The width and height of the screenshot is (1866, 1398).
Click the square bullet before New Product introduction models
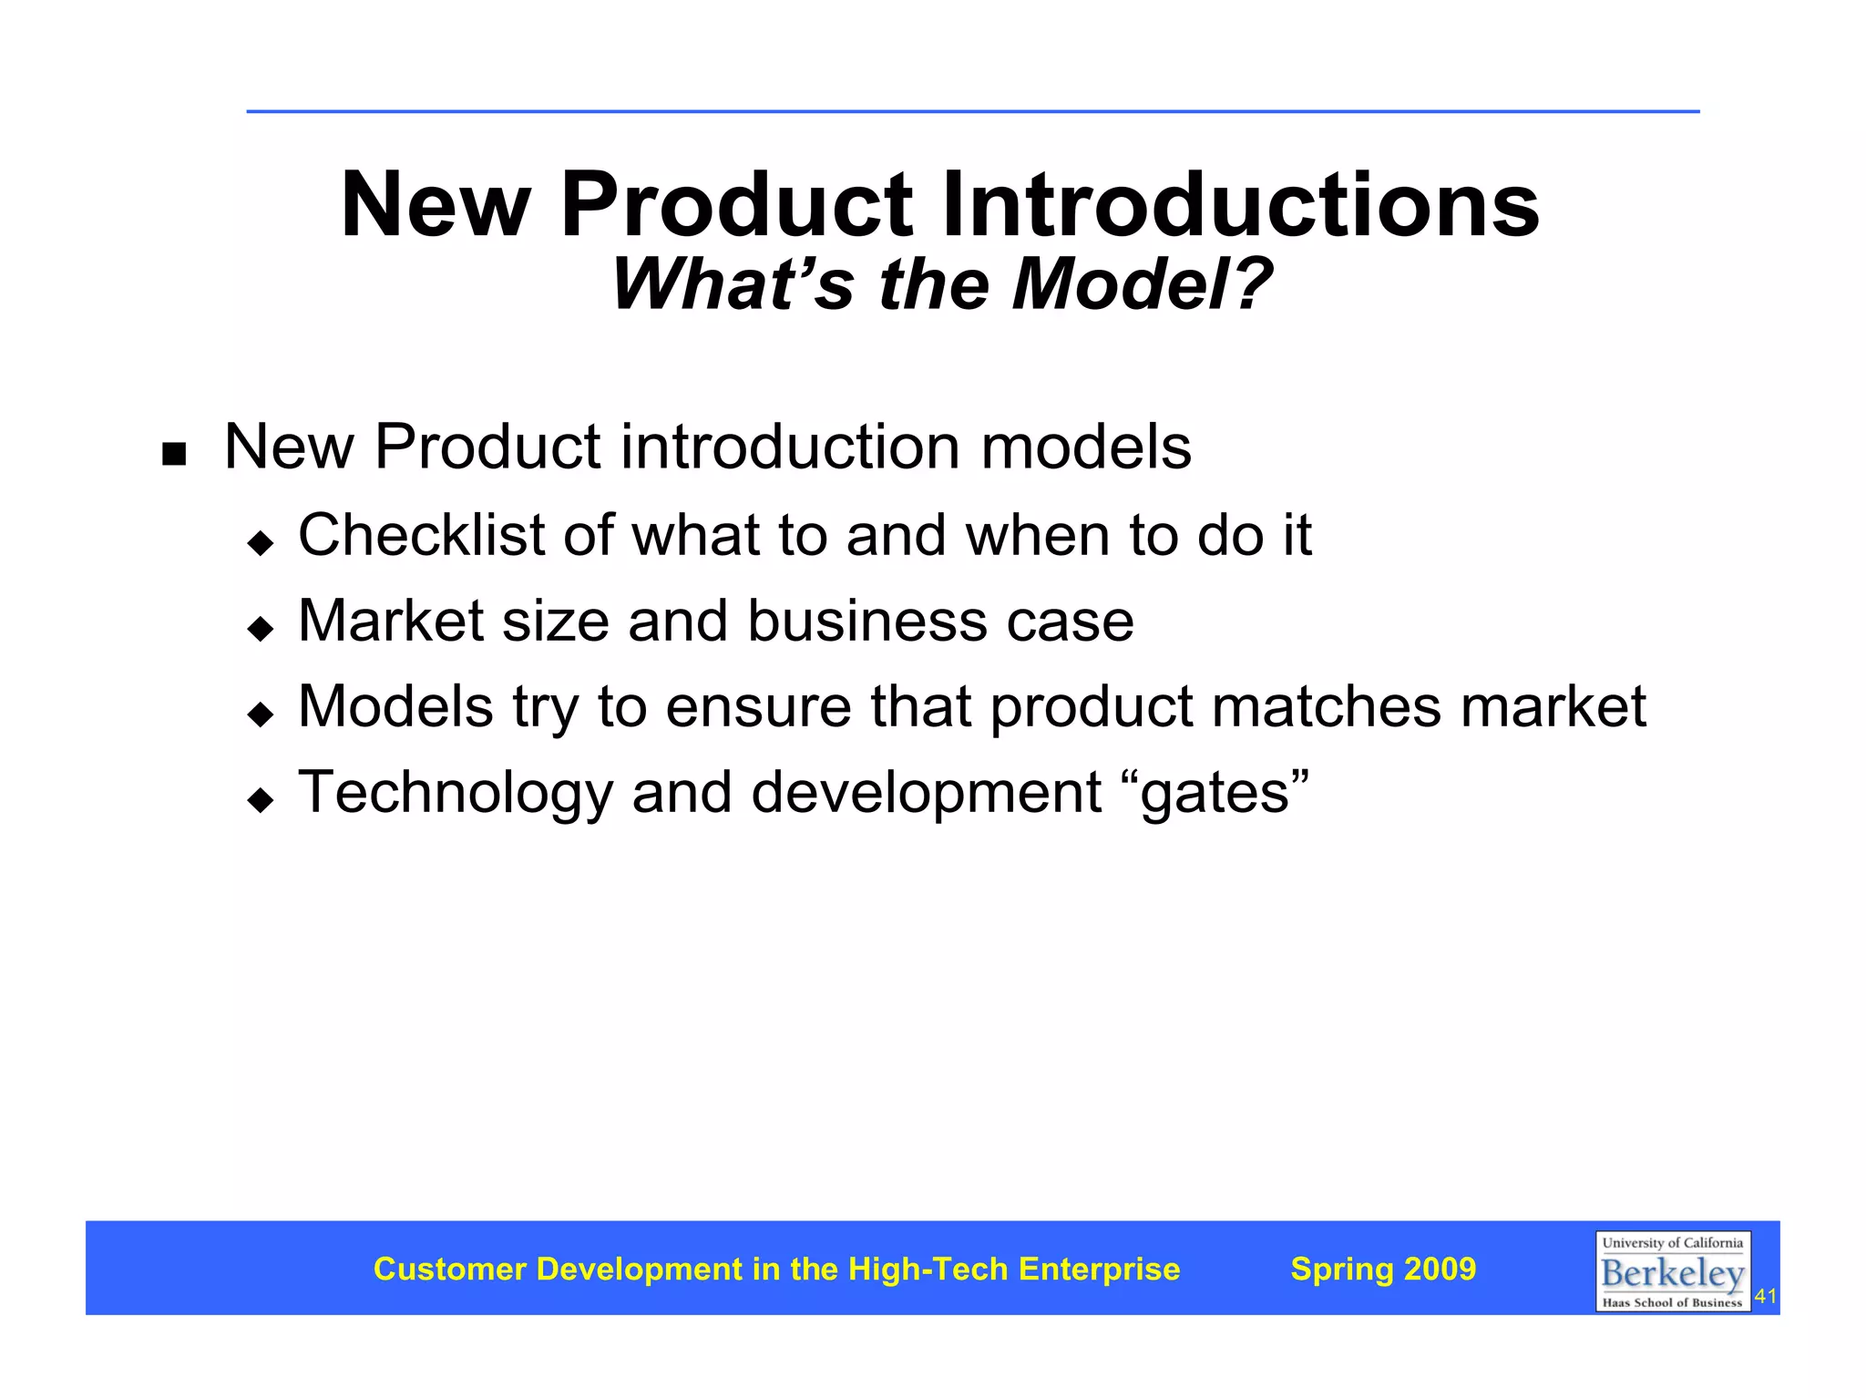(x=173, y=453)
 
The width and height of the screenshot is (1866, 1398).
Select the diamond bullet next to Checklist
(x=261, y=543)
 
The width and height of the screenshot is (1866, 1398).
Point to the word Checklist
(x=421, y=535)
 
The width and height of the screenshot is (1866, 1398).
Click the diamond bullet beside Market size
(x=261, y=628)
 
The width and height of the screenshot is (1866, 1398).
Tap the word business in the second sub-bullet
(x=866, y=621)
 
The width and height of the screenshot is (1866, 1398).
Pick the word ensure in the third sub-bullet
(x=758, y=706)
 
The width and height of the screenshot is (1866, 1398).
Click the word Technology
(x=456, y=793)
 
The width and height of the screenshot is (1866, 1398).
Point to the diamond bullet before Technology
(x=261, y=800)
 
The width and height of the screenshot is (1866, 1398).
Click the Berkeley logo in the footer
(x=1672, y=1271)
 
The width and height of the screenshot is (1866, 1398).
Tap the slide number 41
(x=1766, y=1296)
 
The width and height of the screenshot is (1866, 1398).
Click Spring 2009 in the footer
(x=1383, y=1269)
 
